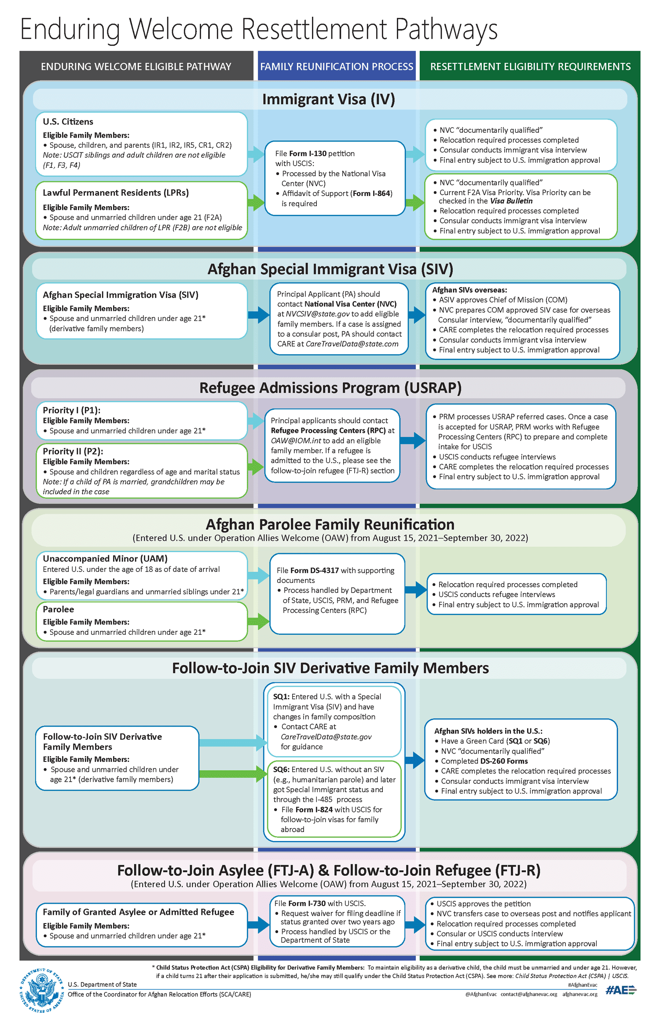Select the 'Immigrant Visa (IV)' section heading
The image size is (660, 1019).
tap(328, 99)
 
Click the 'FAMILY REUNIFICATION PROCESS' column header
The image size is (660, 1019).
tap(337, 66)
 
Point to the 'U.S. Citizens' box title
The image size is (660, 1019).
tap(68, 122)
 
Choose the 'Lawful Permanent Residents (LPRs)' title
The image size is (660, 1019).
tap(116, 193)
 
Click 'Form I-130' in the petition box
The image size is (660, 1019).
tap(308, 153)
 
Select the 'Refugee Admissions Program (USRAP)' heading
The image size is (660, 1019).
tap(330, 388)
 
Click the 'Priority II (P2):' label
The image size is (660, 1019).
tap(73, 451)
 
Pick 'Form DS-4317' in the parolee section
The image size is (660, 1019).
tap(314, 570)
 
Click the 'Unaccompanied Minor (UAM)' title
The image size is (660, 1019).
tap(105, 558)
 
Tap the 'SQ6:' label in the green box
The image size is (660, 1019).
tap(281, 769)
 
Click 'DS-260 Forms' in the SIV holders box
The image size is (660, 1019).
tap(504, 761)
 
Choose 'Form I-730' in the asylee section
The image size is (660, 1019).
tap(307, 903)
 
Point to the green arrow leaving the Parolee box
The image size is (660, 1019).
tap(258, 621)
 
